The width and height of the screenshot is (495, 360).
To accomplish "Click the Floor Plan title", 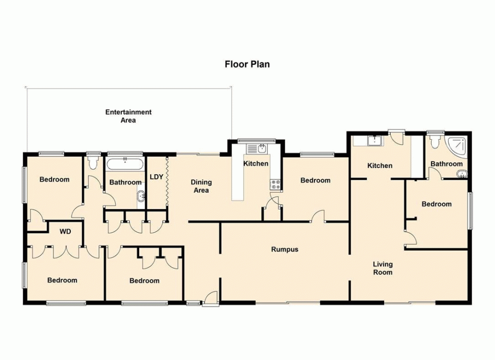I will click(247, 64).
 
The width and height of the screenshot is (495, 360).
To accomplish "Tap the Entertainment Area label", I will click(128, 116).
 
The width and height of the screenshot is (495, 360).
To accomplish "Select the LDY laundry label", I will click(156, 177).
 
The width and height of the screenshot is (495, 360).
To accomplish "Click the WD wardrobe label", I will click(65, 231).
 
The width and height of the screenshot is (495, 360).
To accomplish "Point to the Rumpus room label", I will click(285, 249).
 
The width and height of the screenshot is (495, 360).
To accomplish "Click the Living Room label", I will click(383, 268).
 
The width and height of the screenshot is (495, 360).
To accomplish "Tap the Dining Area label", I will click(201, 186).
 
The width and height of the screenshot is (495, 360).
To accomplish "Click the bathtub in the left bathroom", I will click(125, 164).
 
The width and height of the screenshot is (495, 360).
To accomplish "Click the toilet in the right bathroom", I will click(435, 143).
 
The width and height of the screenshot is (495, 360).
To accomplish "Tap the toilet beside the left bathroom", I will click(93, 162).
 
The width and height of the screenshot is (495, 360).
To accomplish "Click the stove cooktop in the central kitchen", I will click(275, 185).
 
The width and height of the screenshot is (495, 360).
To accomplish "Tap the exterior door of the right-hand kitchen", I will click(397, 137).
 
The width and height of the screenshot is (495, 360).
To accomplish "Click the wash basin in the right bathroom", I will click(461, 173).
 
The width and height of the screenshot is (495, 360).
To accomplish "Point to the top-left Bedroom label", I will click(54, 179).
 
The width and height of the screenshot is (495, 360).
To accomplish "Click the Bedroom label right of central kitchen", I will click(315, 180).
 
